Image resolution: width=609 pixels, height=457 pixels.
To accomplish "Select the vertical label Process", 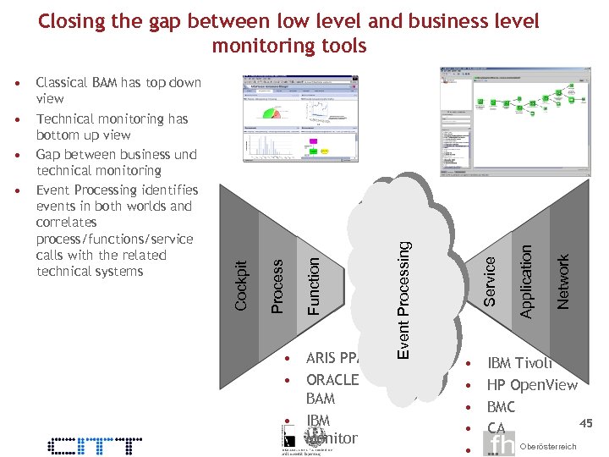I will tap(277, 285).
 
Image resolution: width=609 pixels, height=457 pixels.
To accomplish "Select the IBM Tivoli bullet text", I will tap(519, 363).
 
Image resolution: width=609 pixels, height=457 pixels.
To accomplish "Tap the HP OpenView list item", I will tap(532, 385).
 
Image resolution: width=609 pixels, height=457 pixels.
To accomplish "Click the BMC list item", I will tap(501, 407).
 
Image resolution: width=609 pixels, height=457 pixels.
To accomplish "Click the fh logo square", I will tap(502, 444).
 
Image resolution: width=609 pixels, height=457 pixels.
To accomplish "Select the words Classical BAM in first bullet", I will tap(77, 83).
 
